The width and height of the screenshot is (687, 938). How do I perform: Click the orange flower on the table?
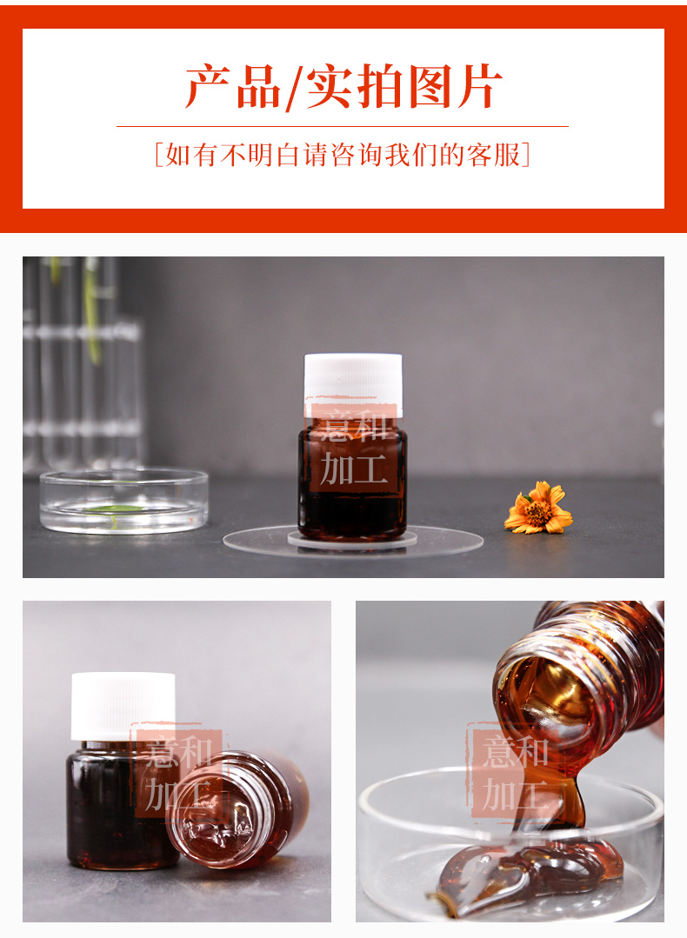(538, 508)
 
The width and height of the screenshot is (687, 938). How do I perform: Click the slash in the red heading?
(293, 88)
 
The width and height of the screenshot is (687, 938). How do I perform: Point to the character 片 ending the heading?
(479, 87)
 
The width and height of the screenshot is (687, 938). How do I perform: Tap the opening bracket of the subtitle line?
(158, 155)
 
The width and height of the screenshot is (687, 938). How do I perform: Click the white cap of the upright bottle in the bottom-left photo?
(123, 707)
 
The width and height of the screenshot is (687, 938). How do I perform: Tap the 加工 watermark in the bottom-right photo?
(516, 794)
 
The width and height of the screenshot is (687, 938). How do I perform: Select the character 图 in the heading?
(427, 87)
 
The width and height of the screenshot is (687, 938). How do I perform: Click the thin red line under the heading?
(343, 127)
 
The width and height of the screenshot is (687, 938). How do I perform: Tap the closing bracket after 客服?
(526, 155)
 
